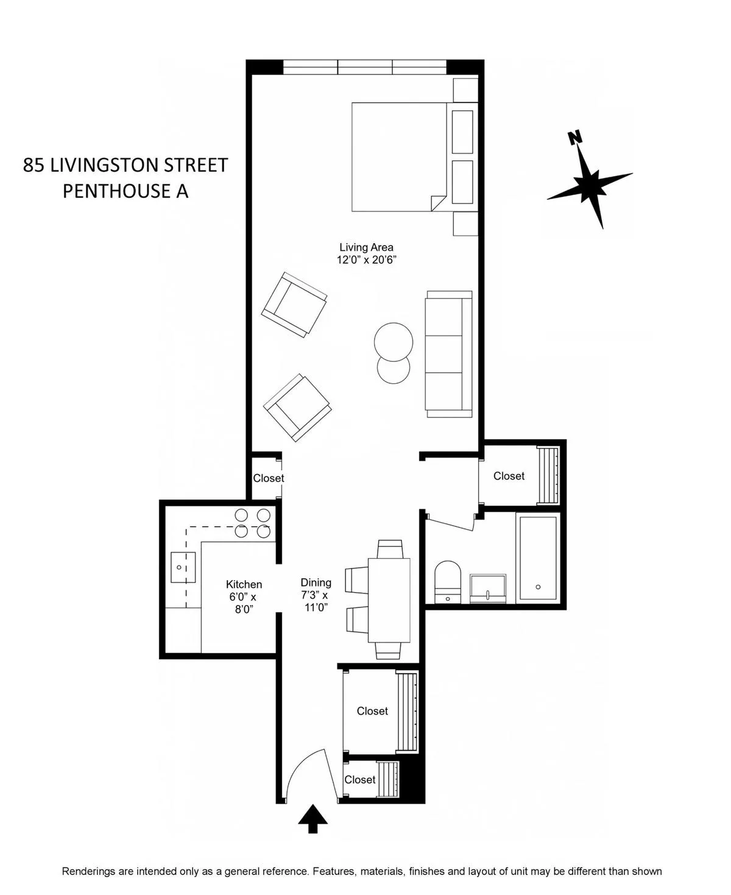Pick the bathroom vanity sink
click(x=487, y=588)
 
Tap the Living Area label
click(x=366, y=247)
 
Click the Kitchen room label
click(x=244, y=584)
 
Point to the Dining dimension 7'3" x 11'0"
click(x=315, y=601)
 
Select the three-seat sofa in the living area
click(x=449, y=354)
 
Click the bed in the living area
click(x=399, y=157)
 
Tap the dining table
click(x=389, y=600)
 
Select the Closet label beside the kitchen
click(x=268, y=478)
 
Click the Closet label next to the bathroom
click(x=509, y=476)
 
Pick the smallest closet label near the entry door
click(x=359, y=780)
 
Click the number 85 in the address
click(x=34, y=165)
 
